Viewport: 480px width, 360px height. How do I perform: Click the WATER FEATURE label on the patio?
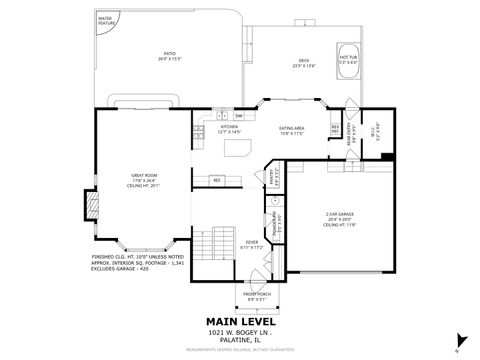(x=105, y=20)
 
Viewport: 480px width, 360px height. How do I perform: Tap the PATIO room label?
(x=169, y=58)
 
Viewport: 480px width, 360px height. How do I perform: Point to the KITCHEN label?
(x=229, y=129)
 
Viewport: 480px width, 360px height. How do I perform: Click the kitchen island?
(x=238, y=149)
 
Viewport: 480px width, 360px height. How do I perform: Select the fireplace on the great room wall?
(x=91, y=205)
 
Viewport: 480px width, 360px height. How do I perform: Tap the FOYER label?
(x=252, y=243)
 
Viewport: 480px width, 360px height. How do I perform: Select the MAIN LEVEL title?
(x=239, y=319)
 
